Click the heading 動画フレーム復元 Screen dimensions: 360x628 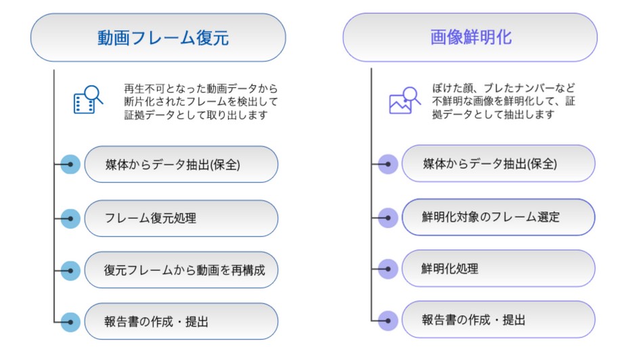(x=158, y=37)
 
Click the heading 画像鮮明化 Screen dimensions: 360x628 (x=470, y=37)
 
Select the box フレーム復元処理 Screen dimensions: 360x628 (x=181, y=218)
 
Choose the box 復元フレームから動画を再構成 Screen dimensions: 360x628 (x=181, y=270)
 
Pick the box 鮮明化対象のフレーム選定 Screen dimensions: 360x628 (x=498, y=217)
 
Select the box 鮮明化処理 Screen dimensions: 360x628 (x=498, y=269)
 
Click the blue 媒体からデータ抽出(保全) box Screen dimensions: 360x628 (x=181, y=164)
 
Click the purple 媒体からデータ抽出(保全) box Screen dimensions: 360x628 (x=498, y=164)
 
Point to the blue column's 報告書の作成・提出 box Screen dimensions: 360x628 (x=181, y=321)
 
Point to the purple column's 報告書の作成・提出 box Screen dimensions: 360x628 (x=498, y=319)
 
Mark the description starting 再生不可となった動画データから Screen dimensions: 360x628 (x=201, y=102)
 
